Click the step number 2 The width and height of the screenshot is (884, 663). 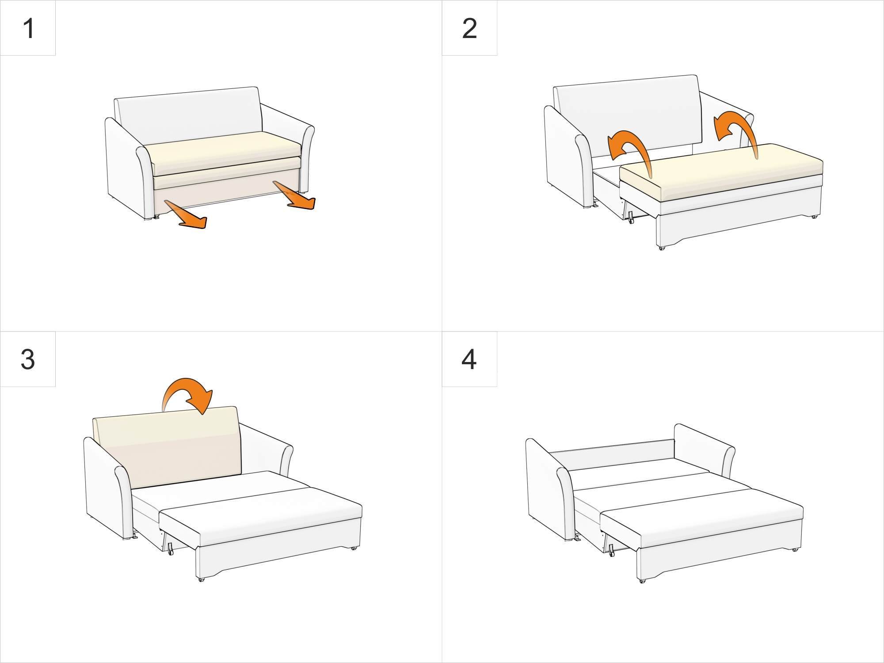click(469, 29)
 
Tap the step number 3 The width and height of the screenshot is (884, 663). click(27, 359)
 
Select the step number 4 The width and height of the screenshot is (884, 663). click(469, 359)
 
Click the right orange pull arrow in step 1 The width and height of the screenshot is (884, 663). click(294, 195)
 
